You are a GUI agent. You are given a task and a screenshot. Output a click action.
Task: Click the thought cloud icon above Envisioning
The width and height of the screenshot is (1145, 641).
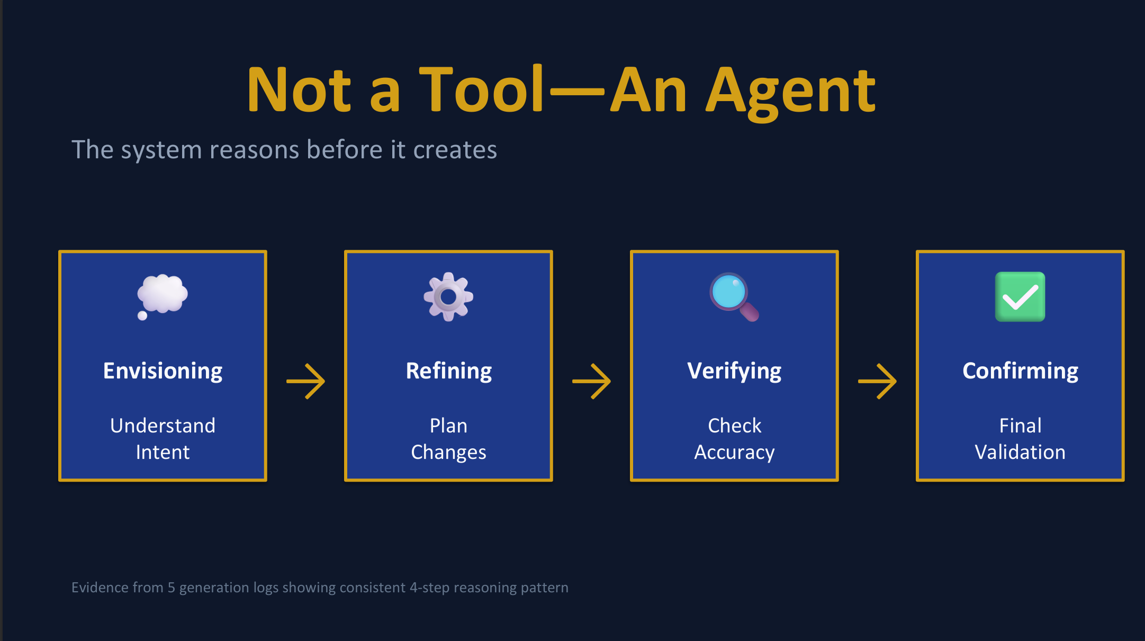[x=162, y=296]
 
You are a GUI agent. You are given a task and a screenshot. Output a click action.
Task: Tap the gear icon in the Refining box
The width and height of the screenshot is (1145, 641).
[x=448, y=296]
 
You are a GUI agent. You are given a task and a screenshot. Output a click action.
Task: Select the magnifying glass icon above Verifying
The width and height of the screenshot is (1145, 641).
[x=734, y=297]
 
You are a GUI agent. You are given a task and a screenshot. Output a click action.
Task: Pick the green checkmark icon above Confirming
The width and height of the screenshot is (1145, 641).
[x=1020, y=296]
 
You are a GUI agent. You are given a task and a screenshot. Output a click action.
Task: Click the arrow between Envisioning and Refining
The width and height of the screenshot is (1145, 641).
[x=305, y=381]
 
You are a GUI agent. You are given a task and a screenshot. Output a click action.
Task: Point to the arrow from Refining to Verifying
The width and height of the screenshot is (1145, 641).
[x=591, y=381]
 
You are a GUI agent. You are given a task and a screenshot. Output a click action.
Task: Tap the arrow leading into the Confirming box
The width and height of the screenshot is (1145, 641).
[x=877, y=381]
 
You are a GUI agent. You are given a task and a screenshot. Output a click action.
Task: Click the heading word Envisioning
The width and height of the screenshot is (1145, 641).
[x=163, y=371]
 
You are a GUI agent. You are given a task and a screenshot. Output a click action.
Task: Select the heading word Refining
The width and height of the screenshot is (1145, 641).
[x=448, y=371]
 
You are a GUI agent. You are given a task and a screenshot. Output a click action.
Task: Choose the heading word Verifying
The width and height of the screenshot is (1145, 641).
[x=734, y=371]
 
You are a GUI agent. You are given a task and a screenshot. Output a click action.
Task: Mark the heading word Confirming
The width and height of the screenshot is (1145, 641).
[x=1020, y=371]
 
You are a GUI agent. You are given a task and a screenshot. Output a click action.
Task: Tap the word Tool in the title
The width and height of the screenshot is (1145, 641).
[x=482, y=89]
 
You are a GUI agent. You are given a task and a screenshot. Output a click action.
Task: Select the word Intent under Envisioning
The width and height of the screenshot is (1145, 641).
[x=163, y=452]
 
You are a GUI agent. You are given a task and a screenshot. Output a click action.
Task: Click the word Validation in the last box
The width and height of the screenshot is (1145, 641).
[x=1020, y=452]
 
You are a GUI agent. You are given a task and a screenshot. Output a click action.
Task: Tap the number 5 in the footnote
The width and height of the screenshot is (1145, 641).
[x=171, y=588]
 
